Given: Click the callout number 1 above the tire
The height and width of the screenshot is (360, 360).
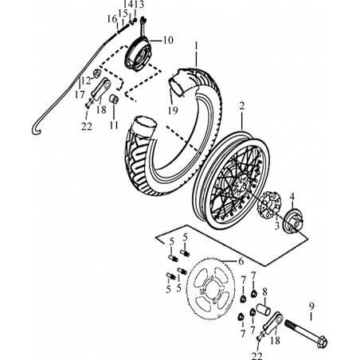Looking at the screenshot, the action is pyautogui.click(x=197, y=45).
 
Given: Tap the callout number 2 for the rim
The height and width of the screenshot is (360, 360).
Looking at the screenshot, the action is pyautogui.click(x=241, y=107).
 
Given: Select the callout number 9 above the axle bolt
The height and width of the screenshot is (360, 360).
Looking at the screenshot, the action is pyautogui.click(x=311, y=307).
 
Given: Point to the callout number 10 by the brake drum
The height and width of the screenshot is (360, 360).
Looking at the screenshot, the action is pyautogui.click(x=168, y=41).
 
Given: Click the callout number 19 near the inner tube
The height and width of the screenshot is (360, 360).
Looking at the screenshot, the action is pyautogui.click(x=173, y=111).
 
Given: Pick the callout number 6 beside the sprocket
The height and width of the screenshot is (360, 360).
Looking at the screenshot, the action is pyautogui.click(x=241, y=261).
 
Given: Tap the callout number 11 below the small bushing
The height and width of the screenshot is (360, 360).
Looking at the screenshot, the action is pyautogui.click(x=114, y=125).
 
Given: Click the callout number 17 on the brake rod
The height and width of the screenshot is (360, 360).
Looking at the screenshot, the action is pyautogui.click(x=80, y=95).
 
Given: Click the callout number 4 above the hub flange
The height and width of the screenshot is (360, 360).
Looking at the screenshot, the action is pyautogui.click(x=292, y=197).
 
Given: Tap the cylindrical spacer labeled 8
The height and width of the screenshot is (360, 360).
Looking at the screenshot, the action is pyautogui.click(x=264, y=309).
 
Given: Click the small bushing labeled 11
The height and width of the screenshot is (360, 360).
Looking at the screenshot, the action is pyautogui.click(x=114, y=99).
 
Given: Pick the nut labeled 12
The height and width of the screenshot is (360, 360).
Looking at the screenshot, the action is pyautogui.click(x=96, y=72).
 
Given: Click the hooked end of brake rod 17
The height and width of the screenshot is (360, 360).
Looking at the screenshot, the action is pyautogui.click(x=37, y=130).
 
